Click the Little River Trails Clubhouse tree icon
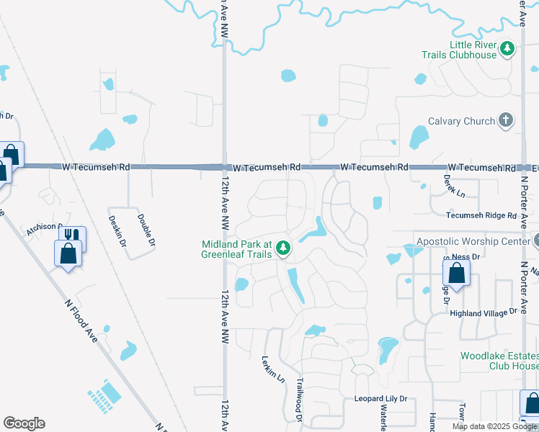coord(508,49)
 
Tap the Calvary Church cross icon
coord(506,120)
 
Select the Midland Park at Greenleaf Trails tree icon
coord(283,249)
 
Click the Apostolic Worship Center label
coord(472,241)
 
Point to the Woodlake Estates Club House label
coord(499,361)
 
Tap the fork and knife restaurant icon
coord(72,235)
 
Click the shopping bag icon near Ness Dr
coord(456,273)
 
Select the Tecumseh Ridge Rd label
coord(481,215)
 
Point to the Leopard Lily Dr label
coord(380,399)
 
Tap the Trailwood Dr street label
coord(298,400)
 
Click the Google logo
coord(24,423)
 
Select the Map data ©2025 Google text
coord(494,426)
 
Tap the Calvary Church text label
coord(461,121)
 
